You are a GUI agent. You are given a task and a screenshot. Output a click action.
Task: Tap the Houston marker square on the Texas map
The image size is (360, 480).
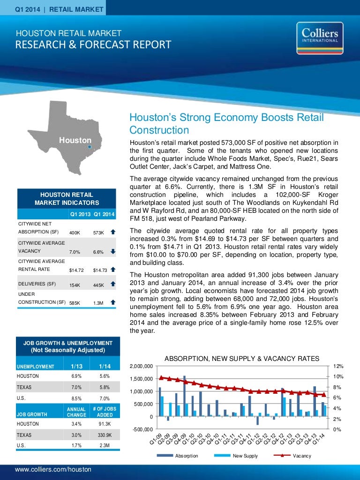(90, 146)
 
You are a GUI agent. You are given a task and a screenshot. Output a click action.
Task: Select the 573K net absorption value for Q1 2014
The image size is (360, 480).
(98, 232)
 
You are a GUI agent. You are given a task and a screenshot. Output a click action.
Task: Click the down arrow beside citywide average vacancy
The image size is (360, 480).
(112, 251)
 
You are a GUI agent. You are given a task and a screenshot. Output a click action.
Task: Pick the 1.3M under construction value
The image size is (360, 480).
(98, 303)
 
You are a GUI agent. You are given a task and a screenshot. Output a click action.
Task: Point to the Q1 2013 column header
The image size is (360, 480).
(80, 215)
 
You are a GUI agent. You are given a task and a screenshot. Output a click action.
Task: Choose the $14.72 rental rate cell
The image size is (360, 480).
(76, 270)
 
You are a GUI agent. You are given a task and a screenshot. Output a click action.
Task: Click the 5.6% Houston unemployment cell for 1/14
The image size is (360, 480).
(105, 376)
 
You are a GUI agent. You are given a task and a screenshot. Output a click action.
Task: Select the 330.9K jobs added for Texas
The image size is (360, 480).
(105, 435)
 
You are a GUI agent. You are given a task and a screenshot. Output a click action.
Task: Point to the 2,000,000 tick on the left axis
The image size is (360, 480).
(141, 366)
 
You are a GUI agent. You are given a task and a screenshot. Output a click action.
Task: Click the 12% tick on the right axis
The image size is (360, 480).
(338, 366)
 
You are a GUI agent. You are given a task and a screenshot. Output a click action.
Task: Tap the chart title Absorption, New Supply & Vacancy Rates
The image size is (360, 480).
(242, 359)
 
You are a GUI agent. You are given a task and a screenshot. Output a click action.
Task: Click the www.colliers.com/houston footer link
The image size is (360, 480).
(53, 469)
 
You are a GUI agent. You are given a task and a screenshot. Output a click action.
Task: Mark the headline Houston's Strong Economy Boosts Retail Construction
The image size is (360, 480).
(226, 123)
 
